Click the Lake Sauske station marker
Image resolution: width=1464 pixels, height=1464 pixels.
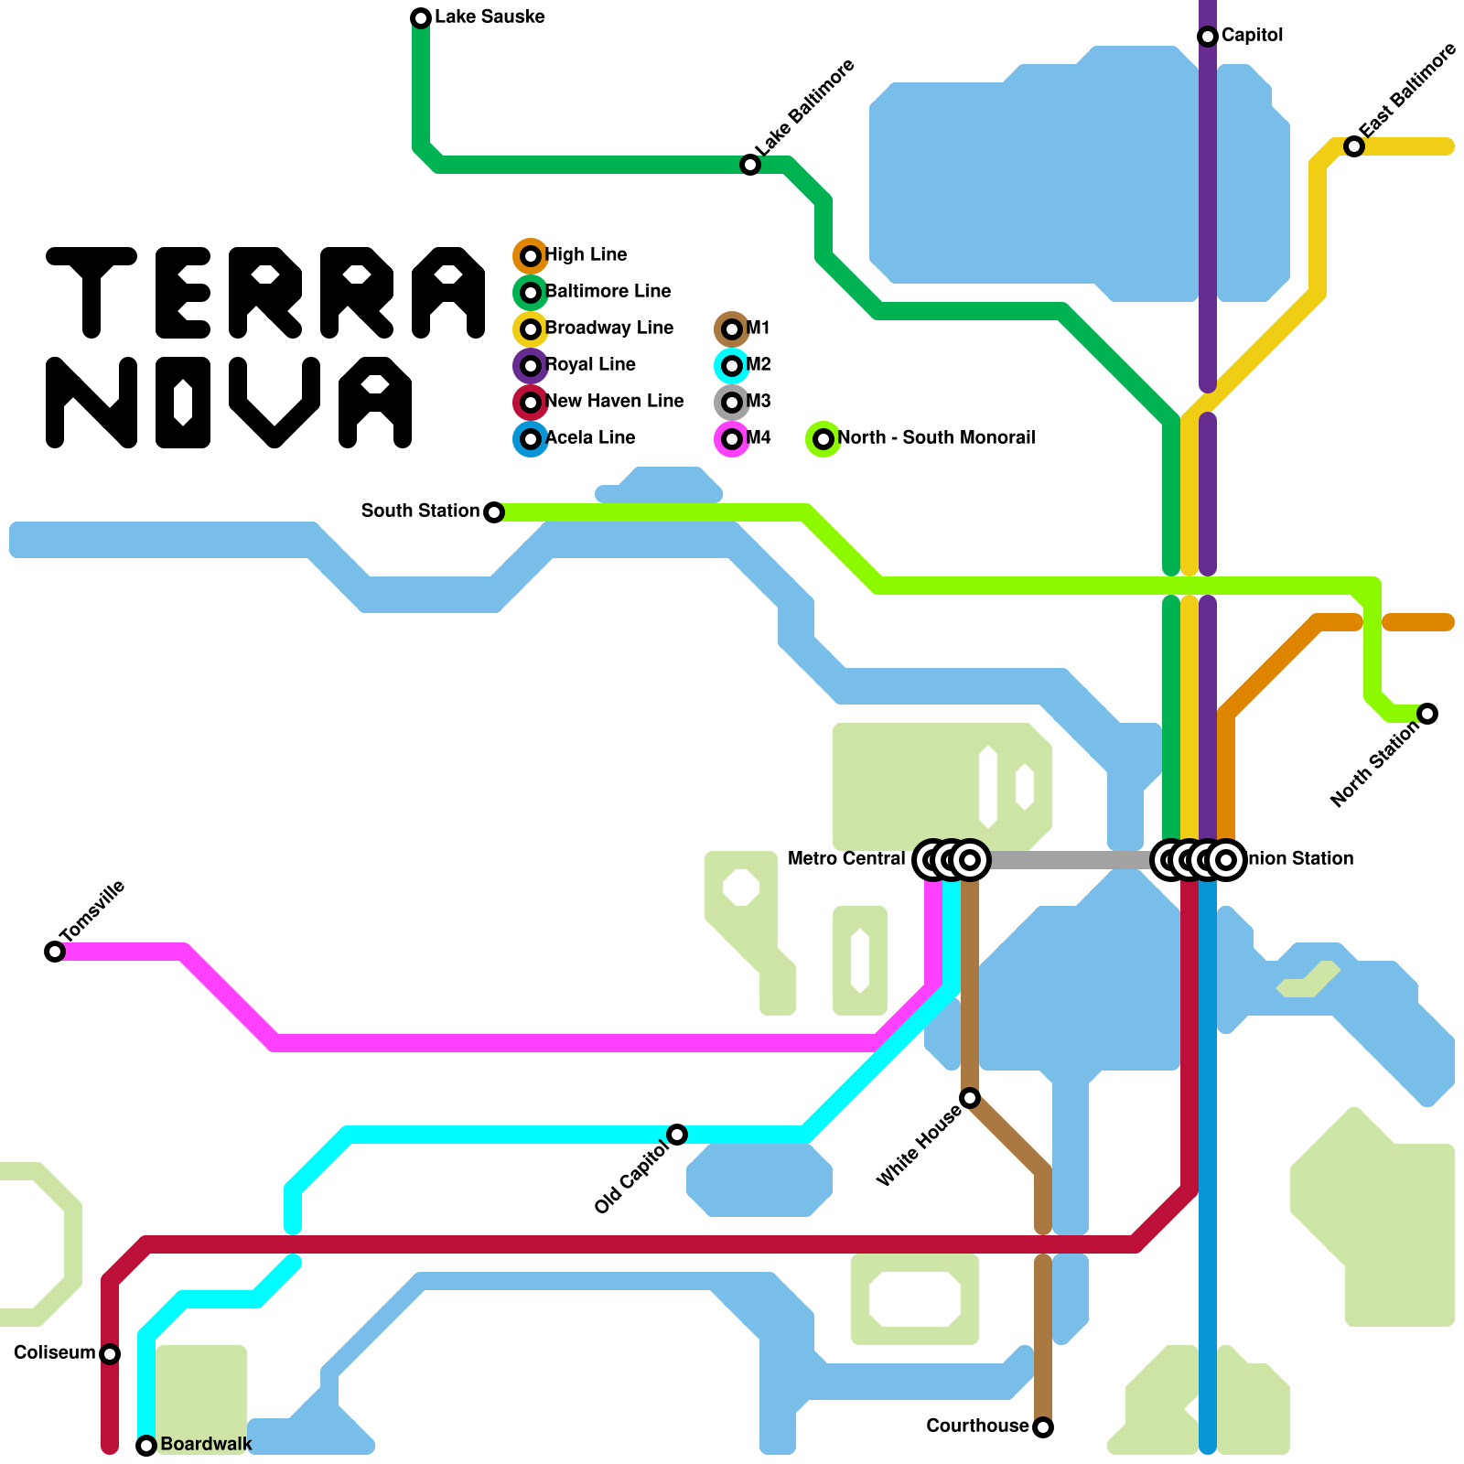coord(421,18)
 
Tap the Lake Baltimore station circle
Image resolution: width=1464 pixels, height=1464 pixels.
coord(750,165)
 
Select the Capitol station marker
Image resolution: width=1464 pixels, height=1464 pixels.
coord(1208,37)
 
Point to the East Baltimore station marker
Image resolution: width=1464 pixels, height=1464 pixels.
coord(1354,146)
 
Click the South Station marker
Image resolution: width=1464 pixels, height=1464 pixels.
coord(494,512)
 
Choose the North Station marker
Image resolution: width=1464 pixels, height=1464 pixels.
coord(1427,714)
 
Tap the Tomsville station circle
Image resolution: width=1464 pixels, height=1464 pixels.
coord(55,952)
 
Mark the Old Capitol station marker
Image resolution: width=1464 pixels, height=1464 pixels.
coord(677,1135)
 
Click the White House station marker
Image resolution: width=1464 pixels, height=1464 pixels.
coord(970,1098)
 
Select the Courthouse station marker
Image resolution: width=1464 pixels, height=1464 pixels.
coord(1043,1427)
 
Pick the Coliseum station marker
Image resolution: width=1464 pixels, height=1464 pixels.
coord(110,1354)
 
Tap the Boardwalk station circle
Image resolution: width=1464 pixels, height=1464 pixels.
coord(146,1446)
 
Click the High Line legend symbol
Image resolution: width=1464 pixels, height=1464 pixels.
coord(531,256)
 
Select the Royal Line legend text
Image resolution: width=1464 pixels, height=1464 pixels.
coord(590,365)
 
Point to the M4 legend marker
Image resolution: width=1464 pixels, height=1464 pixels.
coord(732,439)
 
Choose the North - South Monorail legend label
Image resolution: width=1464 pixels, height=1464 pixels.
coord(936,438)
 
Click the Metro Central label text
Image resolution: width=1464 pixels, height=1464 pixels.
coord(846,859)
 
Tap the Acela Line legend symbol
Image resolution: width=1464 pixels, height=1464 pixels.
coord(531,439)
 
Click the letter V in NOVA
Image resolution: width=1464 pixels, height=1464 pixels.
coord(274,403)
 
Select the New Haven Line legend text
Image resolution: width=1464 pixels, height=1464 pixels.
coord(614,402)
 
